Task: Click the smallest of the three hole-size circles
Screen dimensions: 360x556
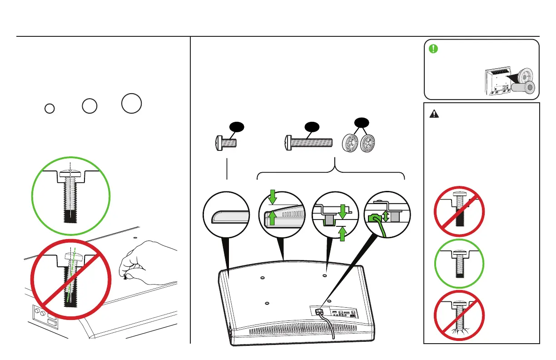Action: point(50,108)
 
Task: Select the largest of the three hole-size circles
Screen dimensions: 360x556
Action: point(132,103)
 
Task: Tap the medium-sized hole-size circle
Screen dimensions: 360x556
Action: point(90,105)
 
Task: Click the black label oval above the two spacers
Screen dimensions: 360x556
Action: point(361,123)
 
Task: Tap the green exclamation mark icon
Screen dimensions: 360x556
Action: point(434,48)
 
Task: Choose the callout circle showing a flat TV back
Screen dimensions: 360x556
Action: point(227,215)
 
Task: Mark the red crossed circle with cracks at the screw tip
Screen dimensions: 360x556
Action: point(459,316)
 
